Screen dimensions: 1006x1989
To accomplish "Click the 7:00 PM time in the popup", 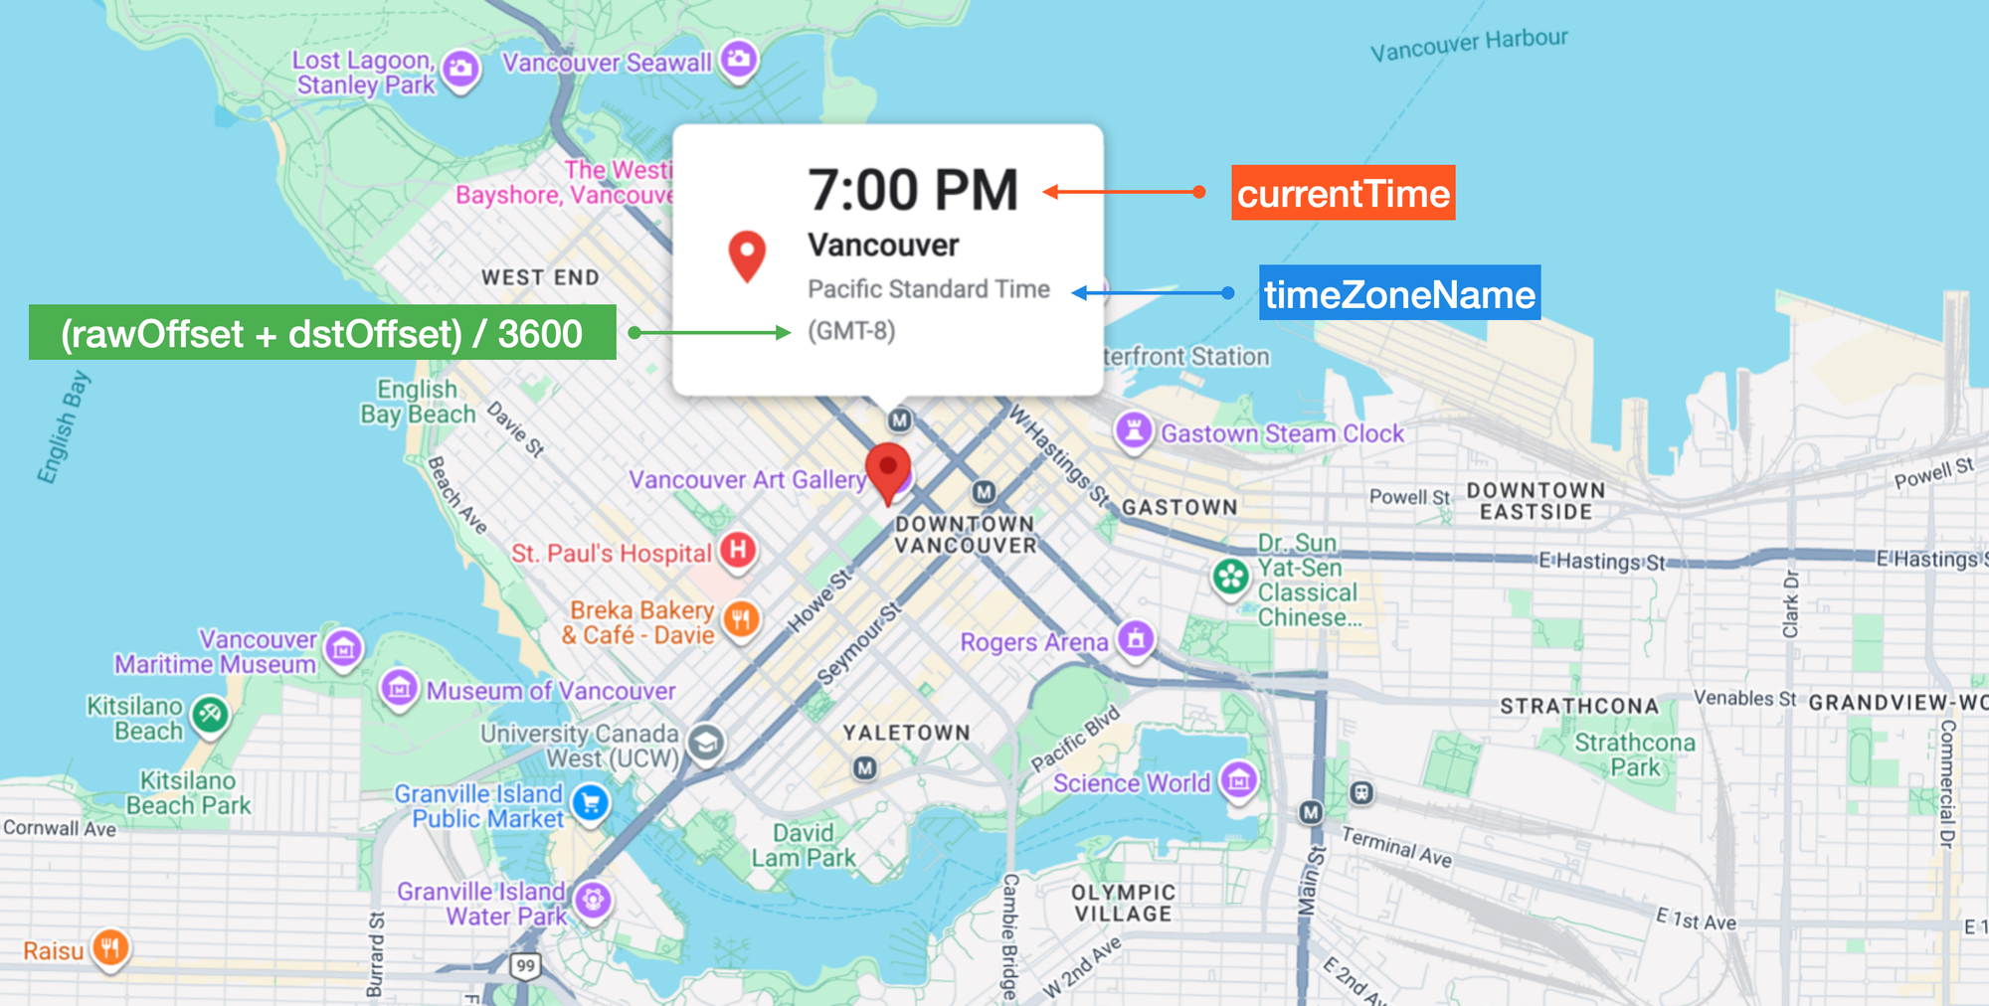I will (912, 190).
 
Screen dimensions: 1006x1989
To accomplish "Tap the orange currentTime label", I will (1343, 193).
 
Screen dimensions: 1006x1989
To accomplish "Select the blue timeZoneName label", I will (1399, 293).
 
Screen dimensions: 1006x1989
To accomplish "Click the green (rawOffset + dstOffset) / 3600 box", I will (322, 333).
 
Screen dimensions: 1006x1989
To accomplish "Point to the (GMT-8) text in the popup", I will (851, 330).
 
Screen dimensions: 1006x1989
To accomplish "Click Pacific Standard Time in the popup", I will (928, 288).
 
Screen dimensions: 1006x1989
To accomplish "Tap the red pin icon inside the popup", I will (747, 254).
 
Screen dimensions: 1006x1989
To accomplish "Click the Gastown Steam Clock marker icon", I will (1133, 430).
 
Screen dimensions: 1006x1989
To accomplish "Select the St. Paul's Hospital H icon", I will (738, 549).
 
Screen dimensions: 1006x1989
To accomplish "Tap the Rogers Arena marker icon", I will (1136, 638).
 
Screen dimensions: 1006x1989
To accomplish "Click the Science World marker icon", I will (1238, 780).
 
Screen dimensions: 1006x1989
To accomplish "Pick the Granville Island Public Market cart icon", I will (591, 802).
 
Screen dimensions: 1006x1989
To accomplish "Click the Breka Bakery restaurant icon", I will (741, 619).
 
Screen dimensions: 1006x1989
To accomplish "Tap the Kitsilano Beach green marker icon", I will (210, 713).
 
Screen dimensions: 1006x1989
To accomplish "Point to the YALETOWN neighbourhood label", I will (906, 733).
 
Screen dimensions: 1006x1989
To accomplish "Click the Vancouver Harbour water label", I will (1468, 44).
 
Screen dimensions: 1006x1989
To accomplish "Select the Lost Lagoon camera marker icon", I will (460, 69).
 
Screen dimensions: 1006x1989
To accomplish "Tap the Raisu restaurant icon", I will (110, 947).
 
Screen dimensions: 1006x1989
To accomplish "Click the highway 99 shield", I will (525, 965).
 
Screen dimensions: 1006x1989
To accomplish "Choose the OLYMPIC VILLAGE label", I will (1123, 903).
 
